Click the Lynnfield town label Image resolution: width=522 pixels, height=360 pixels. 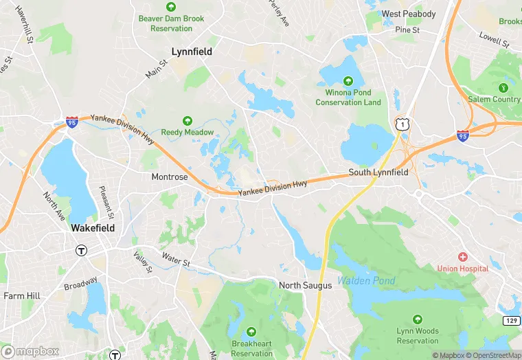191,52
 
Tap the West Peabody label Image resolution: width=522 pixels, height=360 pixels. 409,14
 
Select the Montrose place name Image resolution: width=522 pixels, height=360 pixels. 170,177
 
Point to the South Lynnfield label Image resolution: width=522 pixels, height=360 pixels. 378,172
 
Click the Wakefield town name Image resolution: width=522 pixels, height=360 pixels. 93,227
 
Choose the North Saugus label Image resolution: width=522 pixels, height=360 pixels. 306,285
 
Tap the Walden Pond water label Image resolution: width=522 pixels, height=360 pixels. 366,281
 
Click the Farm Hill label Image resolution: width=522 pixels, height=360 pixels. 23,296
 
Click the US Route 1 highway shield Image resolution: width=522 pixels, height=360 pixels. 401,124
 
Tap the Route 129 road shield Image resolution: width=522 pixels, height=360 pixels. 510,321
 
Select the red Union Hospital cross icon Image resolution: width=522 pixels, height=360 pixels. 463,256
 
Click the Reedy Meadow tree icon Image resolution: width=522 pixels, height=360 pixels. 188,120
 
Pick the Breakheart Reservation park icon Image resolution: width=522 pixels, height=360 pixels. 251,331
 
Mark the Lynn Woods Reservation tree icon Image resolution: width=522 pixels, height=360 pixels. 418,319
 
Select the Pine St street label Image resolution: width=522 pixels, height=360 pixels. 407,30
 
